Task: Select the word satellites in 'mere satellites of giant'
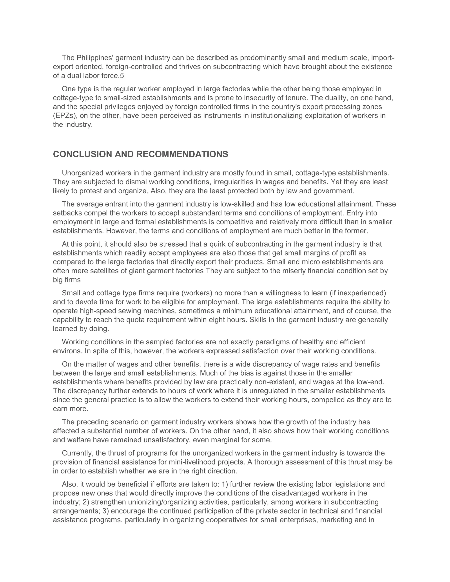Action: pos(108,271)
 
